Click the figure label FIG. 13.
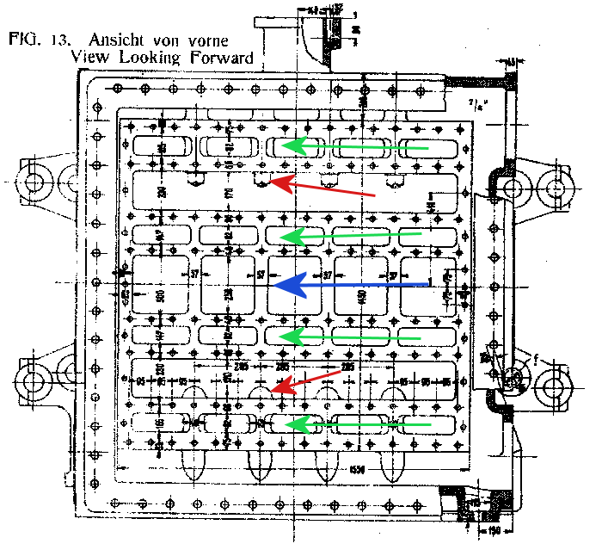tap(36, 40)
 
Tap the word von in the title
tap(164, 40)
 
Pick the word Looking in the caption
tap(157, 59)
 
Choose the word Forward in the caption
tap(224, 58)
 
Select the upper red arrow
tap(322, 188)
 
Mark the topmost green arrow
tap(356, 148)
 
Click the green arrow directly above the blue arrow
tap(353, 234)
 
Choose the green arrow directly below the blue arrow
tap(353, 337)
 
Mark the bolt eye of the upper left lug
tap(36, 182)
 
